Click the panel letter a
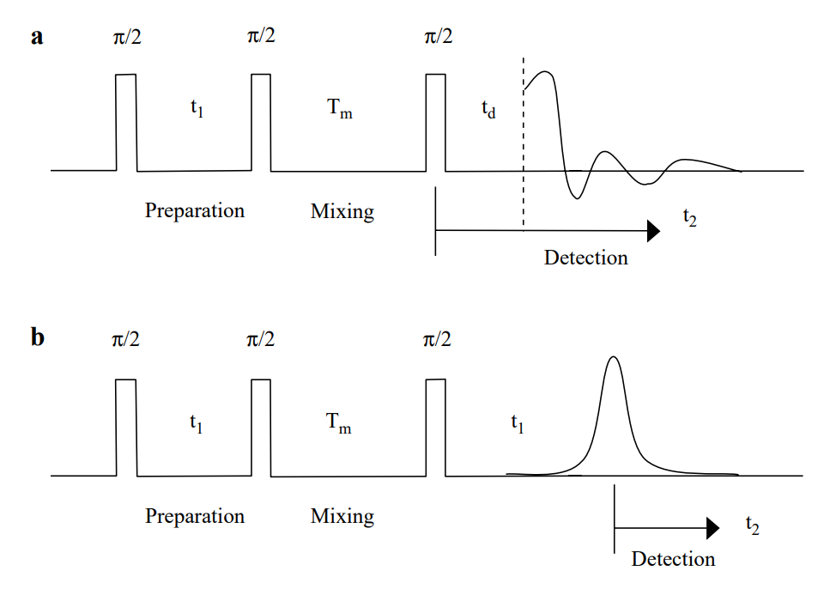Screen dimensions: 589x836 [x=37, y=37]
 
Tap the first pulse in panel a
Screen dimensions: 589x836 [x=125, y=122]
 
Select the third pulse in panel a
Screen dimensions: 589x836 [x=436, y=122]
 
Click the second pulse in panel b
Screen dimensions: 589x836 [x=262, y=427]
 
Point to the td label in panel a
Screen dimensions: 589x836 [x=488, y=111]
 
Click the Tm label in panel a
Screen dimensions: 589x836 [x=339, y=109]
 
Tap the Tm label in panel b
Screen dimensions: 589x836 [x=339, y=423]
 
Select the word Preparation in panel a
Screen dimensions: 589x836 [x=195, y=210]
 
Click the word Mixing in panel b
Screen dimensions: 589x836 [x=342, y=516]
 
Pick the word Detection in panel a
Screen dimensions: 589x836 [x=586, y=257]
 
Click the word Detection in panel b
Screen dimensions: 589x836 [x=673, y=559]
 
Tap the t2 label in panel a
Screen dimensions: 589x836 [x=690, y=216]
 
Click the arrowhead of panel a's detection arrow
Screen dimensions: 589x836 [x=653, y=230]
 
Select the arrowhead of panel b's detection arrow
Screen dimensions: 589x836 [x=712, y=529]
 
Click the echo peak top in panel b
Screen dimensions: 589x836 [x=612, y=357]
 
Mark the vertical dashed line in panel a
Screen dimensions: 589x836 [x=524, y=155]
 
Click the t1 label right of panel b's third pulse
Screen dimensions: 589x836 [x=517, y=422]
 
